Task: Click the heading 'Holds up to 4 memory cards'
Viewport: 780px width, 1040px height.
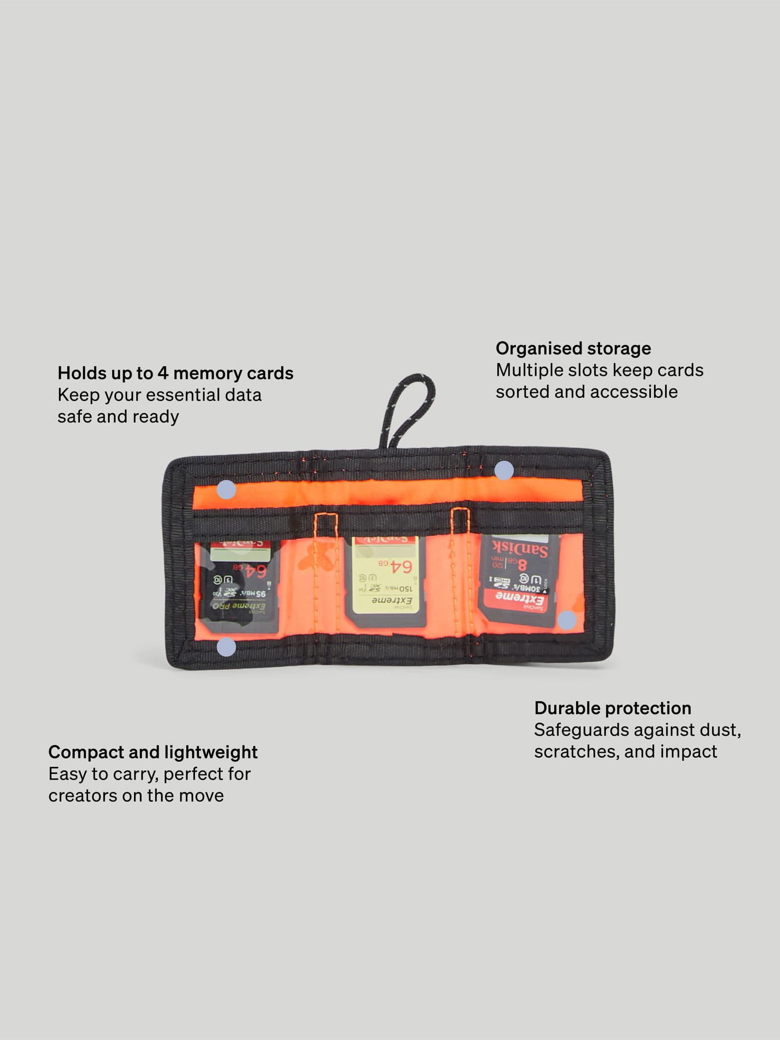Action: pyautogui.click(x=175, y=373)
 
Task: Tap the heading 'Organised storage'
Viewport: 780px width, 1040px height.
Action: pyautogui.click(x=573, y=348)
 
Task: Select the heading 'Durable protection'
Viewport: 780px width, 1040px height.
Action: pyautogui.click(x=612, y=708)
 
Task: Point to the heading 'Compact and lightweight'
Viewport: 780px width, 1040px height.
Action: pyautogui.click(x=153, y=752)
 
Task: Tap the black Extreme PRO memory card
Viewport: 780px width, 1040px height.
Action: pyautogui.click(x=239, y=586)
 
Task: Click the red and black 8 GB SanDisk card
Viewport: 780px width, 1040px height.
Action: pyautogui.click(x=520, y=578)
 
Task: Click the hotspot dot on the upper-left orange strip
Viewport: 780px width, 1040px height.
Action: pyautogui.click(x=226, y=490)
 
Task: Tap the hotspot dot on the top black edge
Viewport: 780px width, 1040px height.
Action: pyautogui.click(x=504, y=471)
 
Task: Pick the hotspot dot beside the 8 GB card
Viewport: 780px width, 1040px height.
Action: pyautogui.click(x=566, y=620)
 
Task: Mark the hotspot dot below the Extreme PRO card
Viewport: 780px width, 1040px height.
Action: pyautogui.click(x=226, y=647)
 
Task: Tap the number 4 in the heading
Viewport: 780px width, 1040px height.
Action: pyautogui.click(x=163, y=373)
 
